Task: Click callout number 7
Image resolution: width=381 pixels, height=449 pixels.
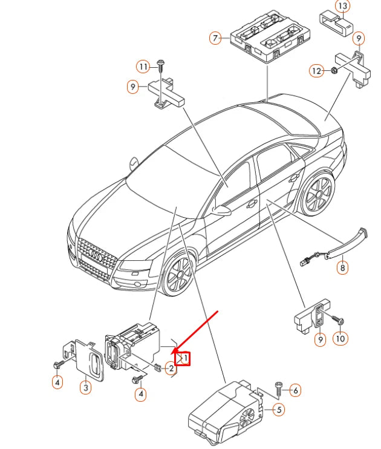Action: pyautogui.click(x=215, y=38)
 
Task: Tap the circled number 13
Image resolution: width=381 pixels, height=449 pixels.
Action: pyautogui.click(x=342, y=6)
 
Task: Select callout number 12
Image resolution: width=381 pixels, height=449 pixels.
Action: pyautogui.click(x=316, y=70)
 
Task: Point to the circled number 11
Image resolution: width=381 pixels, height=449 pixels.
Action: pyautogui.click(x=143, y=67)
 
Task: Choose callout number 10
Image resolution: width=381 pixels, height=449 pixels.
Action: pyautogui.click(x=340, y=338)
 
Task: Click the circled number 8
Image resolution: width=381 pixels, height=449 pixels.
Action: pyautogui.click(x=342, y=267)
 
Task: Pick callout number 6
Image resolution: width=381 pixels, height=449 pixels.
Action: pyautogui.click(x=295, y=390)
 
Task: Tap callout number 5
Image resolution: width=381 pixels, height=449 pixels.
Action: pyautogui.click(x=279, y=410)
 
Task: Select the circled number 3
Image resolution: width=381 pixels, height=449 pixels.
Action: pyautogui.click(x=86, y=388)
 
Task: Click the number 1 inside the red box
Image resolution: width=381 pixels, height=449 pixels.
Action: pyautogui.click(x=186, y=358)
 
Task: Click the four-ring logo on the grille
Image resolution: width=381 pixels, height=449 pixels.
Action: pyautogui.click(x=96, y=254)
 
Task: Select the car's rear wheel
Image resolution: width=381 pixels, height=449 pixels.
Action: pyautogui.click(x=317, y=193)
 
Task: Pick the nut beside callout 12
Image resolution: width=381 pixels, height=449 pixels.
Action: pyautogui.click(x=333, y=70)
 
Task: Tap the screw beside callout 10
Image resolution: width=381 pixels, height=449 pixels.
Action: pyautogui.click(x=338, y=320)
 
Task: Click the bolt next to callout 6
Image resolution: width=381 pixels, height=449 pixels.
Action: pyautogui.click(x=279, y=388)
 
